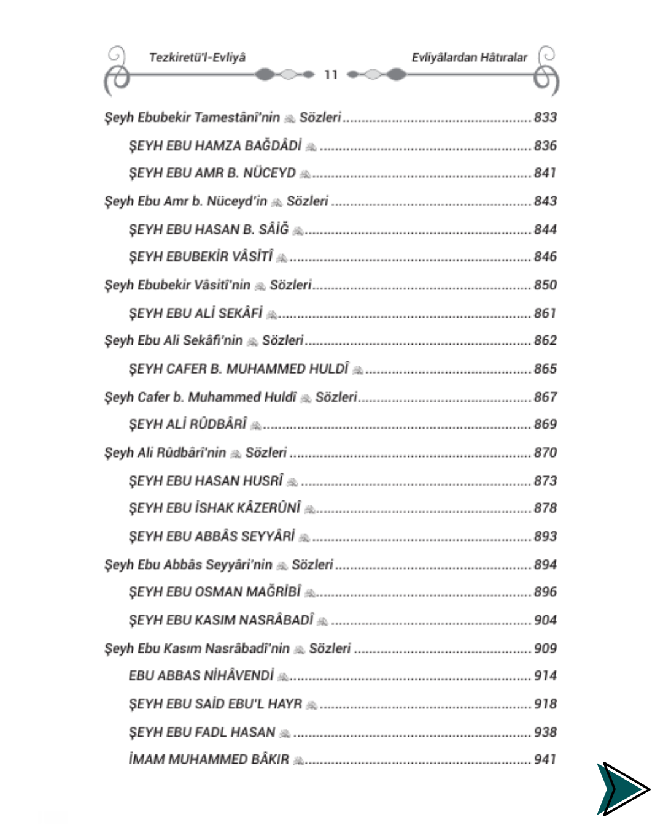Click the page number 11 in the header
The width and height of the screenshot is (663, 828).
(331, 75)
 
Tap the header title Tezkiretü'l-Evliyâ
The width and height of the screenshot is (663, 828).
(197, 58)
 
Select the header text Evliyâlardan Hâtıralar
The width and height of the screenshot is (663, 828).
(469, 58)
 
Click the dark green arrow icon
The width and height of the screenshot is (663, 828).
(621, 789)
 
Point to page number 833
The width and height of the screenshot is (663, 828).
(545, 117)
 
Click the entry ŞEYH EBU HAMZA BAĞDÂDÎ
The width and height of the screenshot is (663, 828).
(215, 146)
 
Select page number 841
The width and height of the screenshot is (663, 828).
(545, 173)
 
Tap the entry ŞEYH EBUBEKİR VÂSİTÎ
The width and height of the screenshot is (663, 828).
(201, 257)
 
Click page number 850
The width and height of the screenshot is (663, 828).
(545, 285)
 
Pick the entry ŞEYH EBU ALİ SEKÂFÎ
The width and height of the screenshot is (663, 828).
(196, 313)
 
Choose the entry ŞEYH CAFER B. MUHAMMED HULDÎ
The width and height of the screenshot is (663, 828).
(238, 369)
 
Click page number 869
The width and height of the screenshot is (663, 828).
(545, 424)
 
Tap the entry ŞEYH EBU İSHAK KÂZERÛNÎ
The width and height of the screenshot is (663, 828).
(215, 508)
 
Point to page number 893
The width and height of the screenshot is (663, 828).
(545, 537)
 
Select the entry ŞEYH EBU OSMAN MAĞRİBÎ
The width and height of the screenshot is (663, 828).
(215, 592)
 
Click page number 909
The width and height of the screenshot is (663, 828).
(545, 648)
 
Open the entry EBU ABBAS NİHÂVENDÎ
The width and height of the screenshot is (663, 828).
(201, 676)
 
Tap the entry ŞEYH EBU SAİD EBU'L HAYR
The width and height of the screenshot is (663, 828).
(215, 704)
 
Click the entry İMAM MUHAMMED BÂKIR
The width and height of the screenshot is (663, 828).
(209, 760)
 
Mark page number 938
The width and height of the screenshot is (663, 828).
(545, 732)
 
